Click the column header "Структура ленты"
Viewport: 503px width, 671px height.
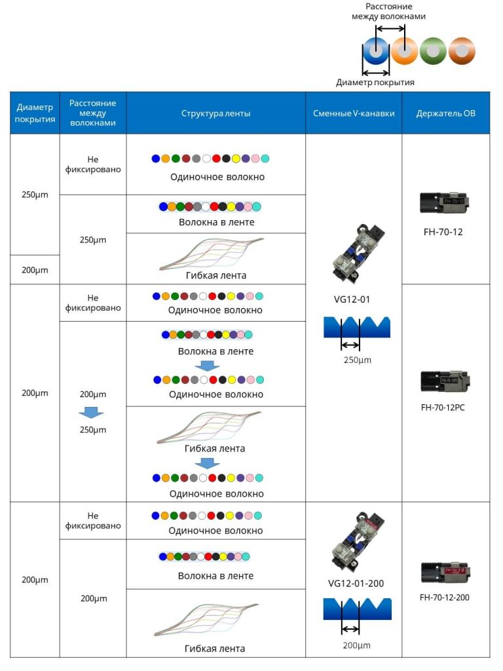click(x=215, y=113)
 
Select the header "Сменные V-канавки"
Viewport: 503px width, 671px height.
click(x=353, y=113)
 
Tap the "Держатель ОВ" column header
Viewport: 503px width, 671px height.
click(x=445, y=113)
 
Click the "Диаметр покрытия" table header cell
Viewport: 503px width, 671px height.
click(x=35, y=113)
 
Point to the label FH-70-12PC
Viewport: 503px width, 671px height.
click(x=445, y=407)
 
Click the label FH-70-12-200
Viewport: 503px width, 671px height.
click(x=445, y=597)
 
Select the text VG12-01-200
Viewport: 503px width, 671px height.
click(x=356, y=583)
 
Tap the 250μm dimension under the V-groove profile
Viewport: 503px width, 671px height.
click(x=354, y=360)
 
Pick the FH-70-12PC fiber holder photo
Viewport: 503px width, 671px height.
click(x=445, y=380)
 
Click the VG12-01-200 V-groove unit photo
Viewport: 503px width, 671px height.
click(x=356, y=541)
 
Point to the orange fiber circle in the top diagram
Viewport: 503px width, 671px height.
click(x=404, y=50)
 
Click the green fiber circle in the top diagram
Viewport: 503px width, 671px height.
click(x=433, y=50)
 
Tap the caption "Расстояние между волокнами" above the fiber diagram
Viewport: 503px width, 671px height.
click(x=388, y=11)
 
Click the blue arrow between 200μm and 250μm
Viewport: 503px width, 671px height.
click(x=92, y=412)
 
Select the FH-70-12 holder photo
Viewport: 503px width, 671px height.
click(x=445, y=203)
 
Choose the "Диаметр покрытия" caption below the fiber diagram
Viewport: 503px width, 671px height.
click(x=375, y=83)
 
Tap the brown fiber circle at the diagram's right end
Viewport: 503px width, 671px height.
click(x=462, y=50)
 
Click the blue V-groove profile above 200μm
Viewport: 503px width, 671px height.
click(x=357, y=609)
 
